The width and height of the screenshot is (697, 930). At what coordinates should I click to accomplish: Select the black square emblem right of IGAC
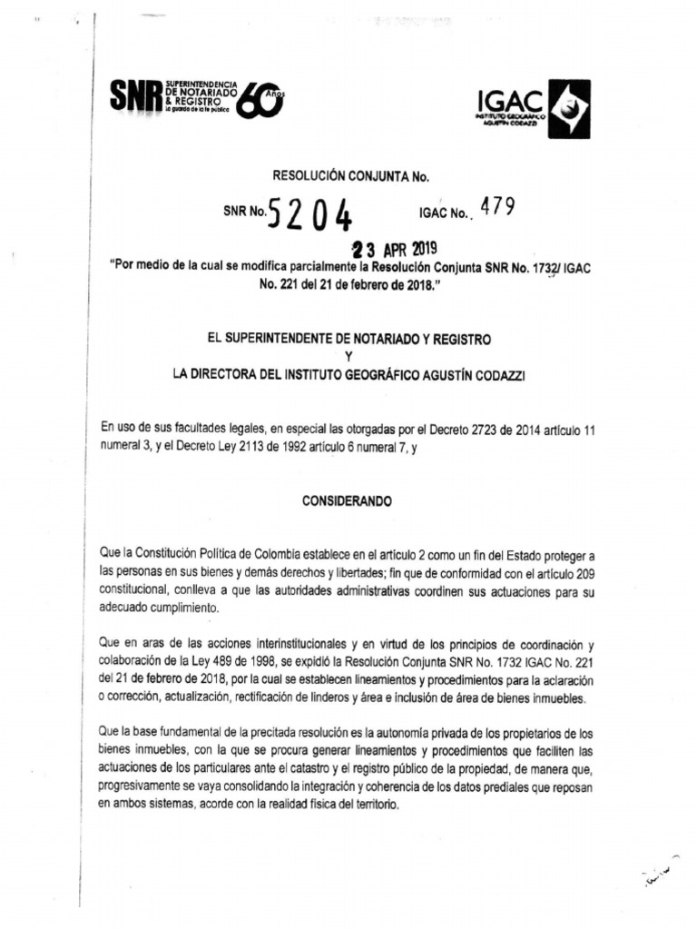[x=568, y=109]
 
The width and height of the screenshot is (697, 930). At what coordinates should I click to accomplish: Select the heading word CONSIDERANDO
[x=349, y=500]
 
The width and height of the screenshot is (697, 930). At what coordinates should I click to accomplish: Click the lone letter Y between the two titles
[x=349, y=356]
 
